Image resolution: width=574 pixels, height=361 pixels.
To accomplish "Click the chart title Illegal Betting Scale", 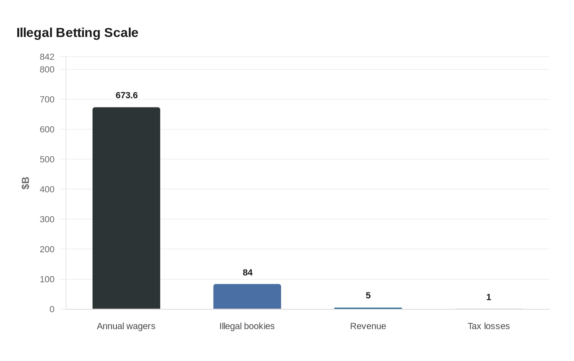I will tap(77, 33).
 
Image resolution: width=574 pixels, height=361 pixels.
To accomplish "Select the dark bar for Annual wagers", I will tap(126, 208).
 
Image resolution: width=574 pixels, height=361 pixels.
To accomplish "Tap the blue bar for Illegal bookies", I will tap(247, 297).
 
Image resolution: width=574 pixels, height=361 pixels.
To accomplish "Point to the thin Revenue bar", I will tap(368, 308).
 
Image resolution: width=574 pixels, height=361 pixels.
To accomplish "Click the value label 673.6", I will tap(127, 96).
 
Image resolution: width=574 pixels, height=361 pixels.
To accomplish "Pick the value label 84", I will tap(248, 273).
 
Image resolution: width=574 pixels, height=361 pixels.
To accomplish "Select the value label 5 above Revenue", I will tap(368, 296).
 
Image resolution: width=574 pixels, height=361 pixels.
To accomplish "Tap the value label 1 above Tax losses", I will tap(489, 297).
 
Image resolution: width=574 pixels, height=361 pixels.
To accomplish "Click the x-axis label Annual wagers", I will tap(126, 326).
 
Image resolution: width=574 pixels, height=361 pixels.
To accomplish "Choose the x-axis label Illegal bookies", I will tap(247, 326).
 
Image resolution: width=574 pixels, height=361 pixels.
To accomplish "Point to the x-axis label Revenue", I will tap(368, 326).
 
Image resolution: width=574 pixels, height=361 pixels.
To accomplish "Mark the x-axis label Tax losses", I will tap(489, 326).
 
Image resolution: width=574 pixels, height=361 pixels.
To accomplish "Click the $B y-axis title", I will tap(25, 183).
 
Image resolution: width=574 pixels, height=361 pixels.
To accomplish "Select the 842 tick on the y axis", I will tap(47, 57).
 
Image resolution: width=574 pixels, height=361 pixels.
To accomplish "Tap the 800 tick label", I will tap(47, 70).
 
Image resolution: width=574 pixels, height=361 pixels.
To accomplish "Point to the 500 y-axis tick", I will tap(47, 160).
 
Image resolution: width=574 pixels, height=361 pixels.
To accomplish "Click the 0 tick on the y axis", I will tap(52, 309).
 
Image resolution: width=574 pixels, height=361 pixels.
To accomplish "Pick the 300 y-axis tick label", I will tap(47, 219).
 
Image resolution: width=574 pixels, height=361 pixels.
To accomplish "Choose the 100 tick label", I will tap(47, 279).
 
